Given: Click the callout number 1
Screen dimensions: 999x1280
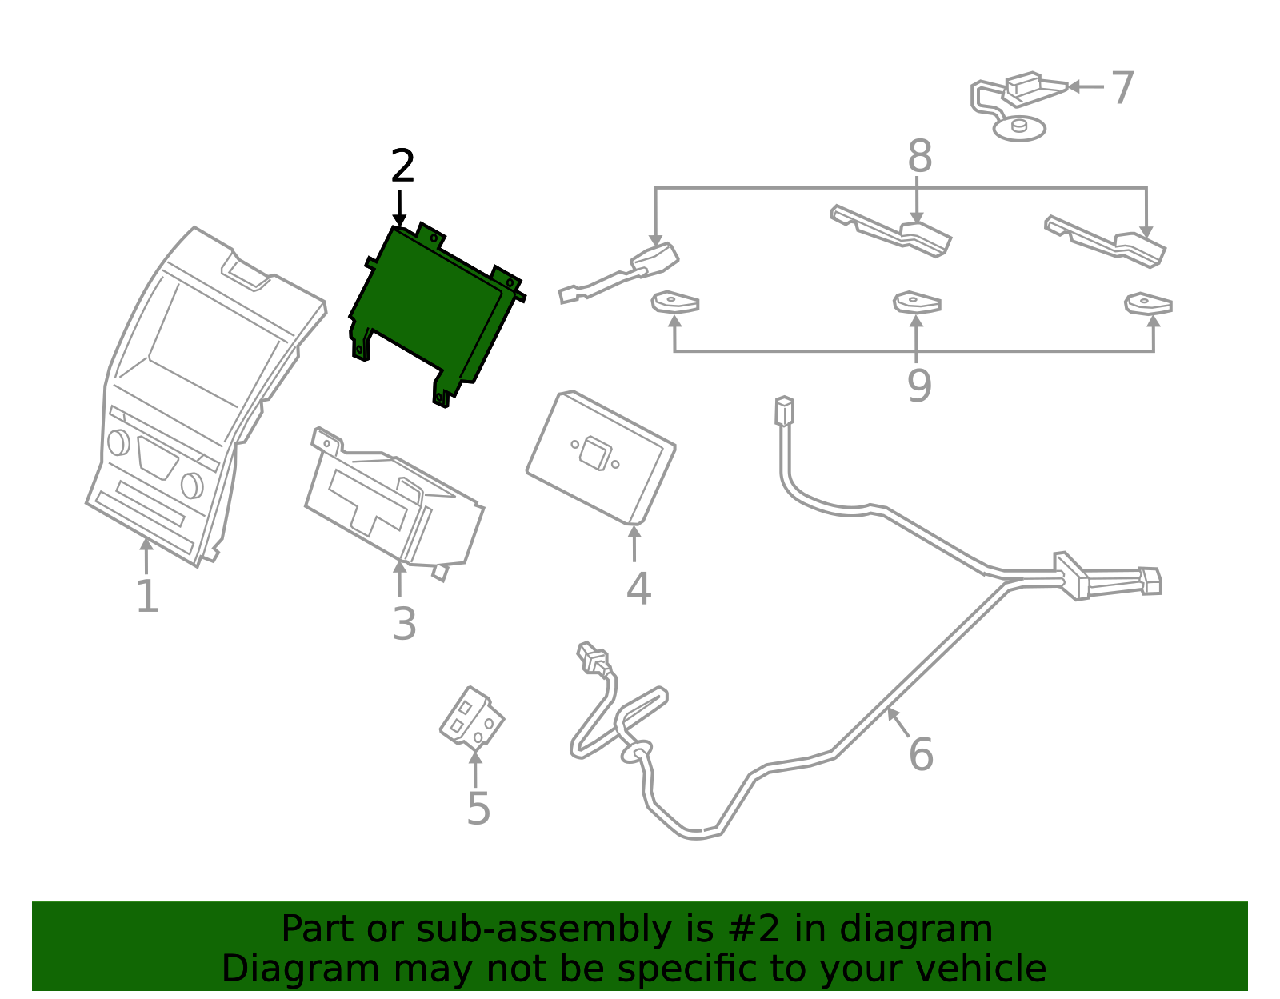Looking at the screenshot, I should [147, 597].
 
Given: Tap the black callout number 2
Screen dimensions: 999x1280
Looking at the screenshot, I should [402, 166].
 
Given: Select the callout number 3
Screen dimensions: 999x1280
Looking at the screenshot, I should [404, 624].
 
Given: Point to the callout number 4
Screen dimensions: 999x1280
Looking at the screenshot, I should [638, 589].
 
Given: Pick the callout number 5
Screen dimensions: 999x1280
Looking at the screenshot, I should [478, 809].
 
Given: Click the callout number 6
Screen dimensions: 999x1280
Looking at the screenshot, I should [921, 754].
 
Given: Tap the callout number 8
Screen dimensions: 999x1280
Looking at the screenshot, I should [919, 157].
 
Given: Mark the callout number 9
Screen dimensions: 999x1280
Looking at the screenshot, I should [919, 386].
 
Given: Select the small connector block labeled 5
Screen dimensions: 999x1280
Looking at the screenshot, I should [472, 717].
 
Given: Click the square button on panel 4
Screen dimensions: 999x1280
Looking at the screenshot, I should [594, 453].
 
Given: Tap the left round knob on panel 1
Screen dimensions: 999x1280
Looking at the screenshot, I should [118, 442].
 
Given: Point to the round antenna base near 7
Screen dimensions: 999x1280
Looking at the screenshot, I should [1019, 128].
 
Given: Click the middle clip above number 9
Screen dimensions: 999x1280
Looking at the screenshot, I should [917, 302].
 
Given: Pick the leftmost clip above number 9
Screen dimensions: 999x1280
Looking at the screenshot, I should [675, 302].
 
